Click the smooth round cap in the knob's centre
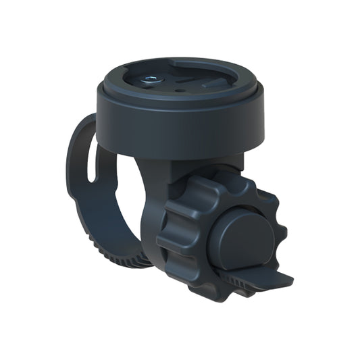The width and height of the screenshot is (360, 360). pyautogui.click(x=240, y=236)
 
